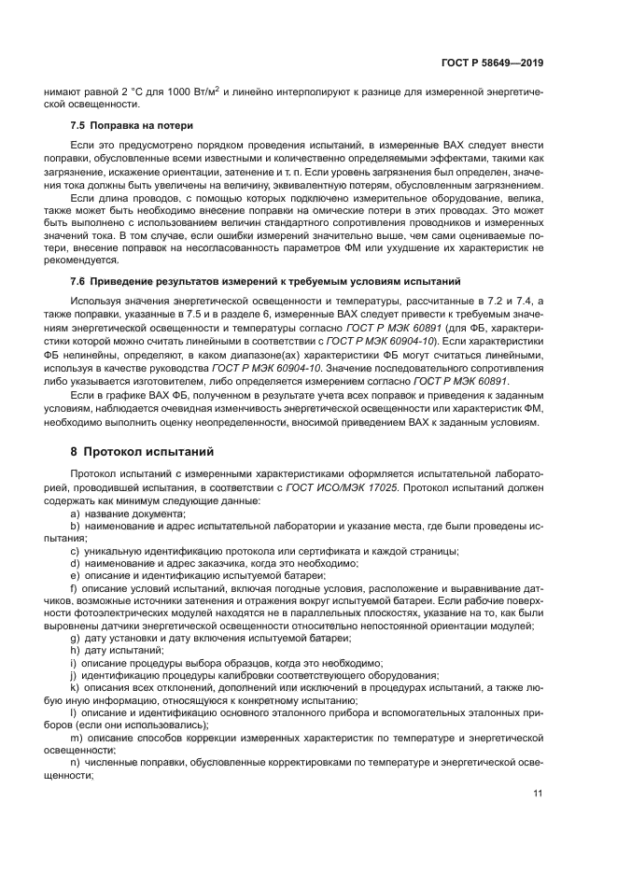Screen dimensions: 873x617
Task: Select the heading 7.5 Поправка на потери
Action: coord(133,125)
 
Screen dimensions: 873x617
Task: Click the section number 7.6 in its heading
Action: coord(81,281)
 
